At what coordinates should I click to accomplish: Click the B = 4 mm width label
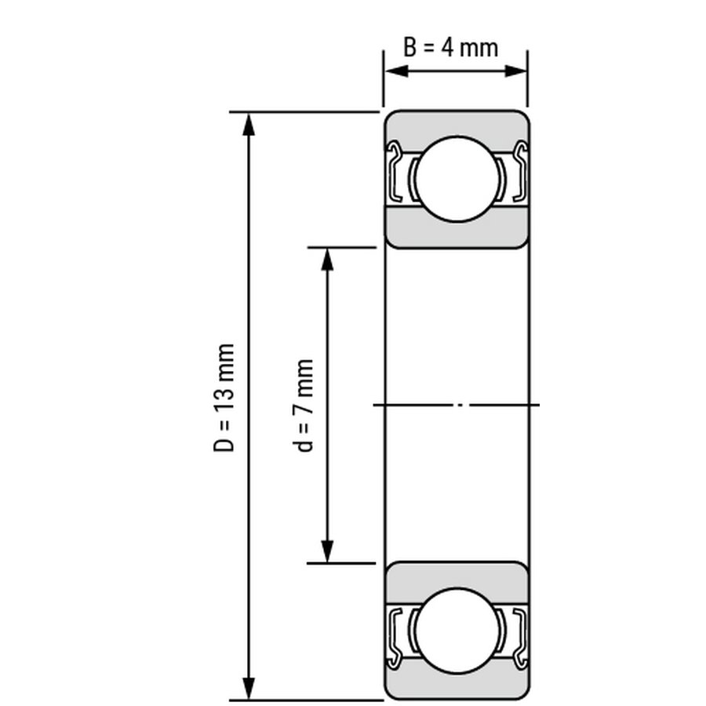[451, 48]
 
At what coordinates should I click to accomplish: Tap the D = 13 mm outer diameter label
[224, 398]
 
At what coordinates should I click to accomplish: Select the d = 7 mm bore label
[304, 406]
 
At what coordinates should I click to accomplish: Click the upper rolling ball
[457, 179]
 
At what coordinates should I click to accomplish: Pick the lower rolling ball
[457, 631]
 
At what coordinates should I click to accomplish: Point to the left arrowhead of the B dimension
[397, 71]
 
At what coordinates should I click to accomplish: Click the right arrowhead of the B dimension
[515, 71]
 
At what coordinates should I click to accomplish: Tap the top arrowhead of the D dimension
[249, 126]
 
